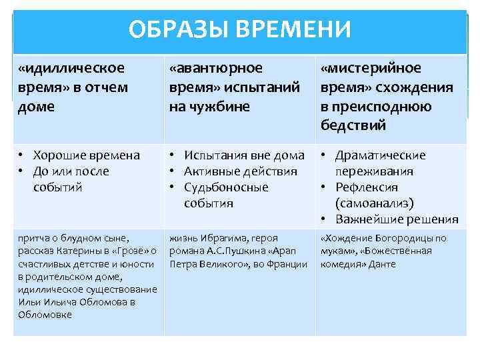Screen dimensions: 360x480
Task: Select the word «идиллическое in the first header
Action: pos(71,68)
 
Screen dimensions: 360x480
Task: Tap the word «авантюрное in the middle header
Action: pos(216,68)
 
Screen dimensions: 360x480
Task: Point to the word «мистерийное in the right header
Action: pos(371,68)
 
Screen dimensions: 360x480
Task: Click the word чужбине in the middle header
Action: pos(208,107)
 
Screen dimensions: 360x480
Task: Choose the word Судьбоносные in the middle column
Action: pos(226,187)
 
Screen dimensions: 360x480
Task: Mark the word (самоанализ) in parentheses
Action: pos(375,203)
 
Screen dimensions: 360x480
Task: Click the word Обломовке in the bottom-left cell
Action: pos(45,315)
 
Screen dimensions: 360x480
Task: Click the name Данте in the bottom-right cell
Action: pos(383,264)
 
